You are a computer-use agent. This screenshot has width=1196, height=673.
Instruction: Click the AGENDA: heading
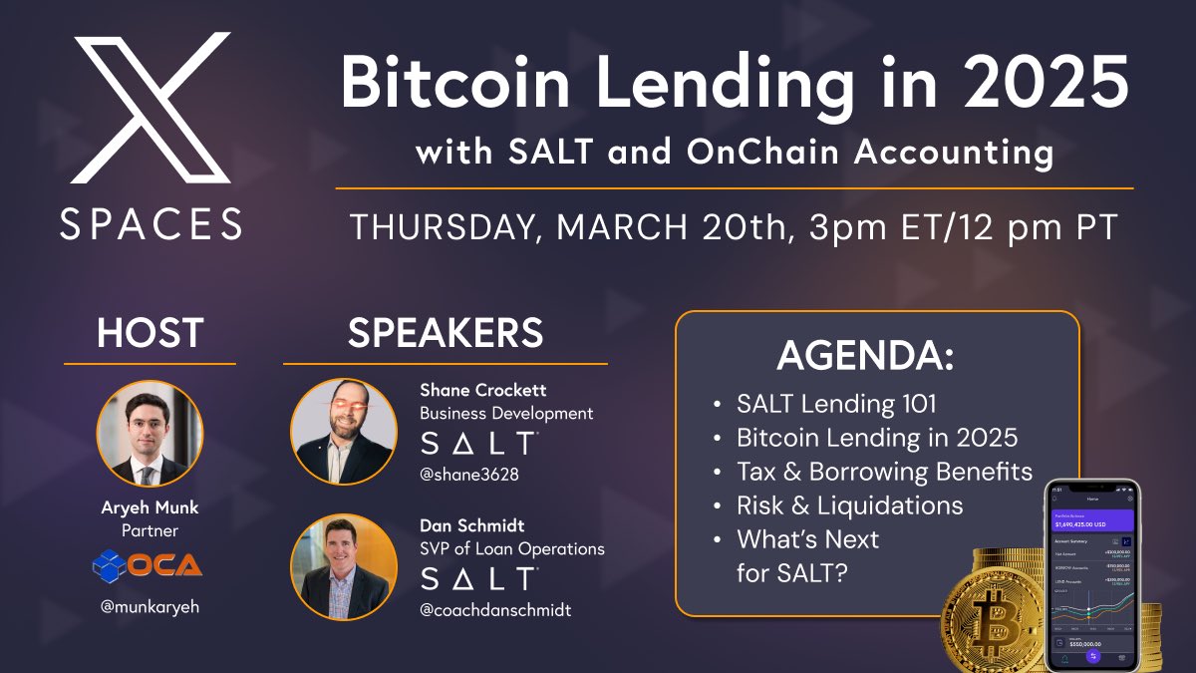[x=864, y=355]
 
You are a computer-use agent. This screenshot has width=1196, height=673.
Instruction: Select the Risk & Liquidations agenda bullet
[x=849, y=505]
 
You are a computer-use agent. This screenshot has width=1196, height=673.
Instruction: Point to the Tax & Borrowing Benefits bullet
[x=883, y=472]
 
